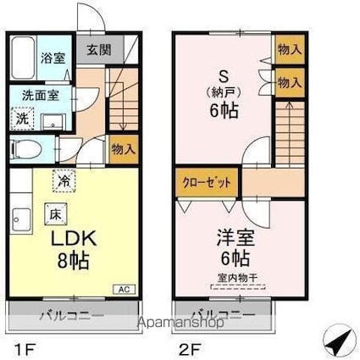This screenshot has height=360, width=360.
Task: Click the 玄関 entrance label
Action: pos(99,50)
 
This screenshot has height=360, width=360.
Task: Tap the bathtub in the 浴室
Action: pos(24,58)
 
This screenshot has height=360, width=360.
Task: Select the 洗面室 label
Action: pos(41,96)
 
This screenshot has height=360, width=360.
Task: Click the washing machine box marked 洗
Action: pos(22,119)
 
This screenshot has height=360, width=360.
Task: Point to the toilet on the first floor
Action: pos(26,150)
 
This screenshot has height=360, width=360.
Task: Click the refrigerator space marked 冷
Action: pos(64,180)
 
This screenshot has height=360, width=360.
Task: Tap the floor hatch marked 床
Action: pos(56,214)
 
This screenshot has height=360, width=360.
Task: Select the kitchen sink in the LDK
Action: pos(22,219)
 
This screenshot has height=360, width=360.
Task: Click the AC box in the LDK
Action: pos(125,289)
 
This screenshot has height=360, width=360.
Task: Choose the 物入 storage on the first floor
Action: pos(124,149)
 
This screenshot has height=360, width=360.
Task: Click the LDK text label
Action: pos(74,239)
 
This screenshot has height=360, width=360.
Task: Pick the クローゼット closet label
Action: pos(207,183)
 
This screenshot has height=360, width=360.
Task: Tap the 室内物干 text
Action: pos(237,278)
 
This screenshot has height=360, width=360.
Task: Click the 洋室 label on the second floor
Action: pos(235,238)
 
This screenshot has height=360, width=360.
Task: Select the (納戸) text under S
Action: pos(224,92)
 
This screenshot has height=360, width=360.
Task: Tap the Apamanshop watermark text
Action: pos(180,322)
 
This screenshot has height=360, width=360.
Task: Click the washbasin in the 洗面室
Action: pos(53,122)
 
